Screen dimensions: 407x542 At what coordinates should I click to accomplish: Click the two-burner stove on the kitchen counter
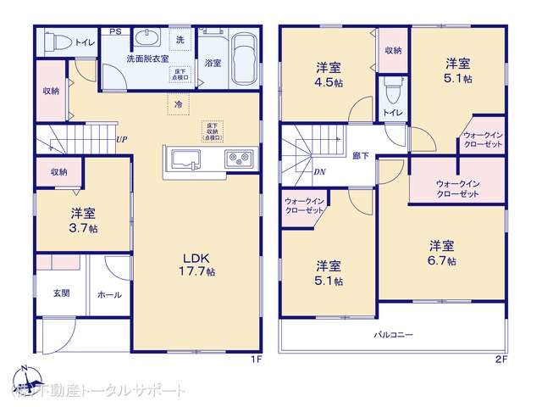236,159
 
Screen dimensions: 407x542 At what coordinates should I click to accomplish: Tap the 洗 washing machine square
180,40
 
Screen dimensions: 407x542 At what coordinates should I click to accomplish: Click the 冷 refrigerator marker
179,103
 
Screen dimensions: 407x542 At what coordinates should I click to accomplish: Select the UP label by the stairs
122,140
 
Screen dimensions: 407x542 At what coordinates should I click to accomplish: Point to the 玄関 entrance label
62,293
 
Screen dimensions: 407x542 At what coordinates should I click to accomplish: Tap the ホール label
110,295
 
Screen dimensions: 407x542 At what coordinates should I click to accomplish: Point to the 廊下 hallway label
360,156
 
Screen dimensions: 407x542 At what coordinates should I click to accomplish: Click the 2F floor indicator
501,360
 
